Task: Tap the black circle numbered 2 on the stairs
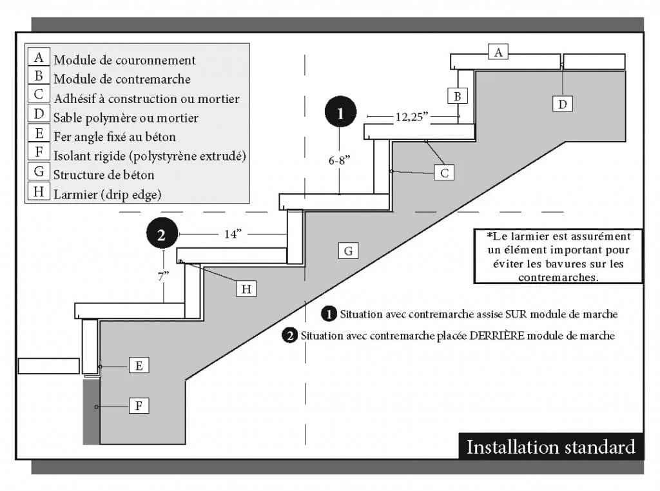click(162, 233)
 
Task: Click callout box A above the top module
click(498, 52)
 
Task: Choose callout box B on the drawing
click(457, 96)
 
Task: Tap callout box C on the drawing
click(444, 172)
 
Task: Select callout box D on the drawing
click(563, 103)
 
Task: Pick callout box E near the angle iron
click(139, 365)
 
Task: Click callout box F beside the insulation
click(139, 406)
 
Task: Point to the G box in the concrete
click(348, 251)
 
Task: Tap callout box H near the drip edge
click(246, 289)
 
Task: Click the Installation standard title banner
click(550, 447)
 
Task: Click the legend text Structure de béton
click(104, 174)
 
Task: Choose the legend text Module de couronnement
click(124, 60)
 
